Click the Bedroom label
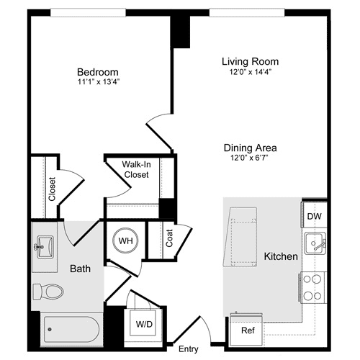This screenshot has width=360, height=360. point(98,72)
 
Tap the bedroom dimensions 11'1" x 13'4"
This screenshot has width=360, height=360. point(98,81)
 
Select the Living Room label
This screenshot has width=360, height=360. point(250,61)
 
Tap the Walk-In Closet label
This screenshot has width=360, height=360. point(136,169)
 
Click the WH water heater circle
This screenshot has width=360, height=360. point(125,240)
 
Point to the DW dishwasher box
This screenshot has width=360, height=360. point(314,216)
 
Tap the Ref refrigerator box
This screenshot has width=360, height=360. point(247,330)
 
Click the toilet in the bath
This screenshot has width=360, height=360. point(49,292)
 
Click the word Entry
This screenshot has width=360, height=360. point(188,349)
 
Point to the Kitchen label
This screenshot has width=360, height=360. point(281,256)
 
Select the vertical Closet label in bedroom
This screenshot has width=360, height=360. point(52,189)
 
